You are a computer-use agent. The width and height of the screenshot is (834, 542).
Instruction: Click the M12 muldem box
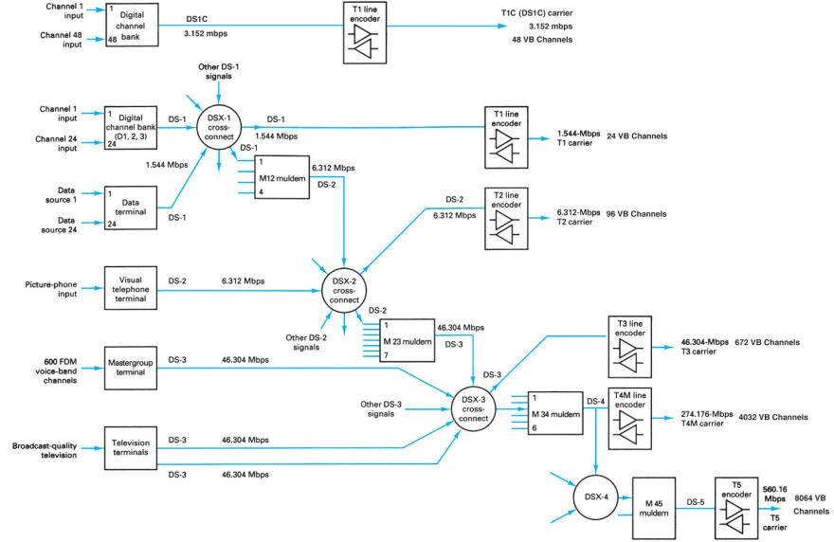click(x=275, y=177)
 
